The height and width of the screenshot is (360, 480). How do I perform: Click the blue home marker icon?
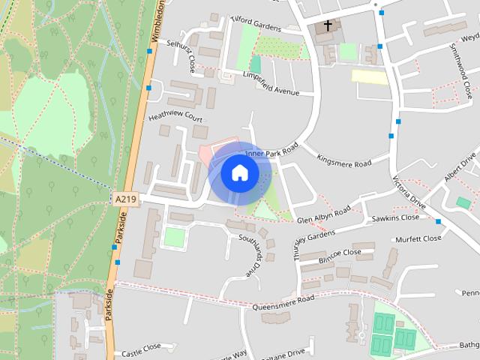tap(239, 172)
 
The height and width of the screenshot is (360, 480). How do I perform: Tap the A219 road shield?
tap(126, 198)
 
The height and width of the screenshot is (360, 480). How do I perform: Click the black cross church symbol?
tap(327, 25)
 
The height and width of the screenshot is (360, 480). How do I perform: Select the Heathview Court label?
tap(175, 118)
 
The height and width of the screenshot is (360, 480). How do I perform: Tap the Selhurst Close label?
tap(181, 56)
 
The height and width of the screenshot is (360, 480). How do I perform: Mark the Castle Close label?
tap(141, 347)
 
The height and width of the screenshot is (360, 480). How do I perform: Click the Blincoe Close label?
tap(340, 253)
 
